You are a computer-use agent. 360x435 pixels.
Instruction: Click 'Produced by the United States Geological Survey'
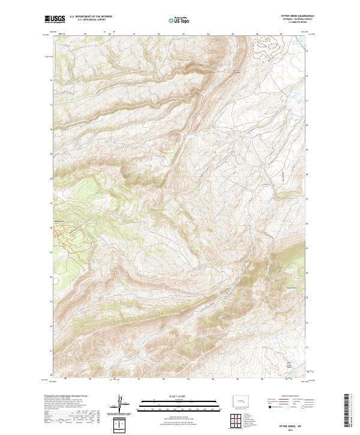[66, 397]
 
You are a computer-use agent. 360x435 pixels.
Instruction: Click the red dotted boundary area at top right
[268, 46]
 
